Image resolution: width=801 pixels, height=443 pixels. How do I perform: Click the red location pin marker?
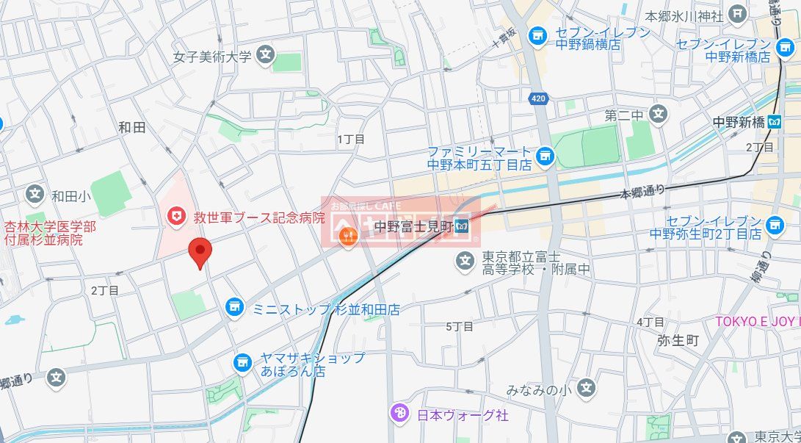click(x=200, y=251)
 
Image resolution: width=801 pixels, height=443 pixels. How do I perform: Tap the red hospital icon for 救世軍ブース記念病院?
click(x=175, y=216)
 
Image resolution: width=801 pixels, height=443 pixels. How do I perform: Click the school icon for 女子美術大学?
click(x=266, y=55)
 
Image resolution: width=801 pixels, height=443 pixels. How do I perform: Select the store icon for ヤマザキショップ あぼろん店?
click(x=243, y=362)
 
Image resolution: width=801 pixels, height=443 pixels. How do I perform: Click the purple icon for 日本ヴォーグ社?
click(x=399, y=414)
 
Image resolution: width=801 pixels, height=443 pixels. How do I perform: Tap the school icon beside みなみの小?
click(x=585, y=389)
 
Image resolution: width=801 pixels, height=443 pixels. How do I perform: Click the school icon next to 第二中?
click(x=659, y=114)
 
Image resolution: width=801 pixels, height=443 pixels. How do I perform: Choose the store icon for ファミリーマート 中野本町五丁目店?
click(x=544, y=155)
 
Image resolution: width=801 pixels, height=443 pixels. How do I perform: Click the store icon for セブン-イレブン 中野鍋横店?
click(x=538, y=35)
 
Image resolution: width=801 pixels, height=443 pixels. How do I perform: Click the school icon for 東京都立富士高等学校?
click(x=463, y=260)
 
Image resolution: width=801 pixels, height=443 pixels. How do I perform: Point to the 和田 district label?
click(x=132, y=128)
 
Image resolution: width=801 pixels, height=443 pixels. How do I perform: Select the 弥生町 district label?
click(x=678, y=341)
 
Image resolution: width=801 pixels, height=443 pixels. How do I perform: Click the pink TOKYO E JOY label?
click(x=756, y=322)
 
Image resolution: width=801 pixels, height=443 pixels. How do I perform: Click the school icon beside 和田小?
click(x=35, y=195)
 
